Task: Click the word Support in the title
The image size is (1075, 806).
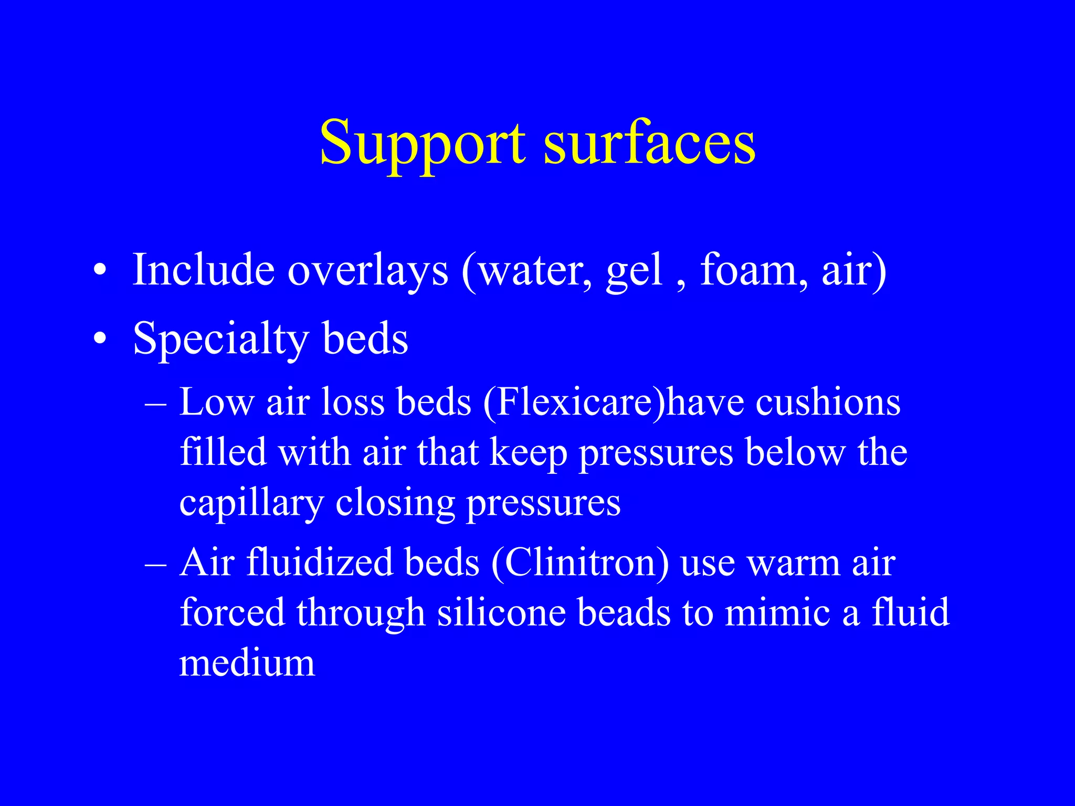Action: click(423, 143)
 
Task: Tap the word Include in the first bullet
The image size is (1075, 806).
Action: click(204, 270)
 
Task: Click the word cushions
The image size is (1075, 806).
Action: click(828, 402)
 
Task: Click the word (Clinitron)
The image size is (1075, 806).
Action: click(580, 563)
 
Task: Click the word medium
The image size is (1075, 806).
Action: click(247, 663)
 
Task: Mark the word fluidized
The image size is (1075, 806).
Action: click(320, 563)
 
